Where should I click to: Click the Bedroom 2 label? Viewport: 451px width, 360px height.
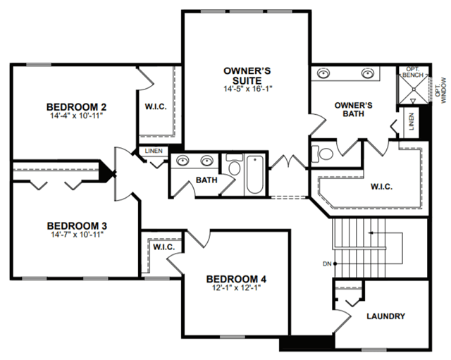tap(76, 107)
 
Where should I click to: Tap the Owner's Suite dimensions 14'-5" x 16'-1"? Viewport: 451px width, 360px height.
tap(248, 89)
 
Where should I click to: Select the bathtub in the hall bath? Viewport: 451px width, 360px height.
tap(255, 175)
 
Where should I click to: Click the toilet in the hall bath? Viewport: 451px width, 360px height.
tap(235, 165)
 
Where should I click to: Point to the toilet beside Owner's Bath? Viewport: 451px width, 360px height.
tap(323, 154)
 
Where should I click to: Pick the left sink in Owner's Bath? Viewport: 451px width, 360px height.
tap(323, 73)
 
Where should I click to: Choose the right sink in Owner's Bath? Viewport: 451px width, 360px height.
tap(367, 73)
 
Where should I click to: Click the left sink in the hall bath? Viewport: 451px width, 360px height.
tap(182, 161)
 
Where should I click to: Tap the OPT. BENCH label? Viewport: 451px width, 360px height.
tap(413, 72)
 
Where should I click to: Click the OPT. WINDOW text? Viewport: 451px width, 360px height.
tap(442, 90)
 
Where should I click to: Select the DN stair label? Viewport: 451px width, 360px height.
tap(327, 263)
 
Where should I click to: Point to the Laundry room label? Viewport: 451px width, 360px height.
tap(385, 316)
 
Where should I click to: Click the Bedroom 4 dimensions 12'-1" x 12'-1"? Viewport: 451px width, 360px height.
tap(237, 287)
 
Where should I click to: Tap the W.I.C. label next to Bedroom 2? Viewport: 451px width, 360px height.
tap(156, 106)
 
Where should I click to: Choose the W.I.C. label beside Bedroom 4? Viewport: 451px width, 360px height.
tap(164, 247)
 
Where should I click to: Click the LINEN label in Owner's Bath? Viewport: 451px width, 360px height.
tap(412, 122)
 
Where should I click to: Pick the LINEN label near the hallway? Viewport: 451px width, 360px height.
tap(154, 151)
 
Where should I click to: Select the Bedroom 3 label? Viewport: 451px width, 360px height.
tap(77, 226)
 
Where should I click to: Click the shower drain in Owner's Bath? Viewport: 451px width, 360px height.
tap(414, 89)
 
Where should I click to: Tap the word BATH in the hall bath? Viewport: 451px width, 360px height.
tap(206, 180)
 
